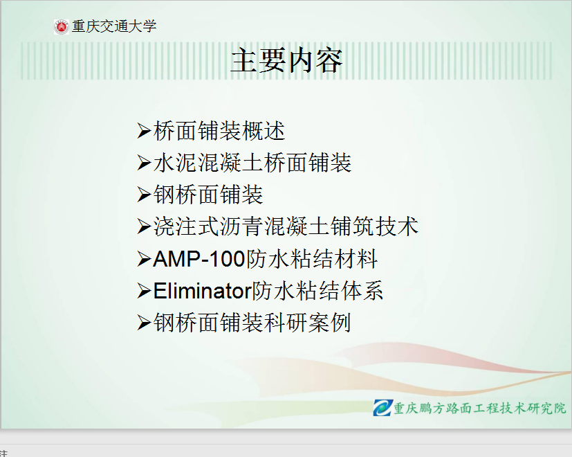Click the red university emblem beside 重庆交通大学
(62, 27)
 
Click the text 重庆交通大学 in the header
(114, 26)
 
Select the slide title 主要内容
(286, 61)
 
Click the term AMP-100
(199, 259)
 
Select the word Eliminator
(203, 291)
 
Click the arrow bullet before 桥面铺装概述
(144, 131)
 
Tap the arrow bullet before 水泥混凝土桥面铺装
(144, 163)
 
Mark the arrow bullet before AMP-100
(144, 260)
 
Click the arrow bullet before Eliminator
(144, 292)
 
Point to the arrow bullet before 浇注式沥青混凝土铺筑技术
(144, 227)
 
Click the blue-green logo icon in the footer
(382, 408)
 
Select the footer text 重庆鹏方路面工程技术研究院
(480, 408)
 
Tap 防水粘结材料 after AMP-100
(312, 259)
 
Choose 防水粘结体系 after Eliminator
(317, 291)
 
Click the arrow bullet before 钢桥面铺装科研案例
(144, 323)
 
